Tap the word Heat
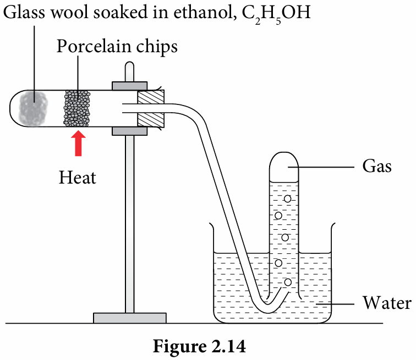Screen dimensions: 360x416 (x=78, y=178)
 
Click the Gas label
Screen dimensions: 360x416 (x=377, y=166)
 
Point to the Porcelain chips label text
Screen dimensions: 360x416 (x=117, y=47)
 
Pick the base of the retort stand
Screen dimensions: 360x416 (x=129, y=318)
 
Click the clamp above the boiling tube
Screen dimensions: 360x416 (x=130, y=86)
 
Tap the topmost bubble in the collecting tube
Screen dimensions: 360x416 (x=287, y=198)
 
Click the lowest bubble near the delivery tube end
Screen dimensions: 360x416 (x=287, y=283)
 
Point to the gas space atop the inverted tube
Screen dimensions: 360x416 (x=284, y=163)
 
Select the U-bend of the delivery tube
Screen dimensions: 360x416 (x=267, y=302)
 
